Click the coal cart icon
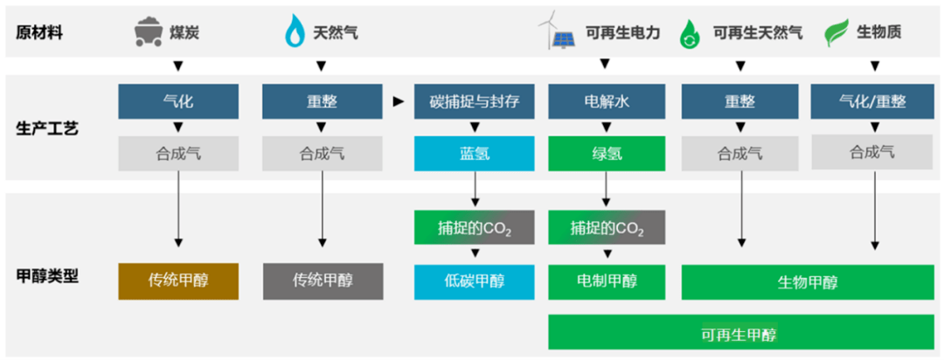coord(148,31)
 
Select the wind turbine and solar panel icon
coord(556,32)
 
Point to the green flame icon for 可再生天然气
coord(688,32)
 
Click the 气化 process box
coord(178,101)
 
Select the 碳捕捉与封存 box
coord(475,101)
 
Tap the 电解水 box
coord(607,101)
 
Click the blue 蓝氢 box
coord(475,154)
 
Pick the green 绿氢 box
coord(607,154)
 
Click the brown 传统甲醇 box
coord(178,281)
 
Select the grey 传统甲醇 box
coord(323,281)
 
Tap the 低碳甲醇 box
coord(475,281)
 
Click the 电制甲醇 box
coord(607,281)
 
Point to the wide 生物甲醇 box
coord(808,281)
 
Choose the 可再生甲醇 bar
coord(740,331)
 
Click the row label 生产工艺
coord(46,128)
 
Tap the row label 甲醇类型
coord(46,277)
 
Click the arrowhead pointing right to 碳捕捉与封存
coord(398,101)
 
